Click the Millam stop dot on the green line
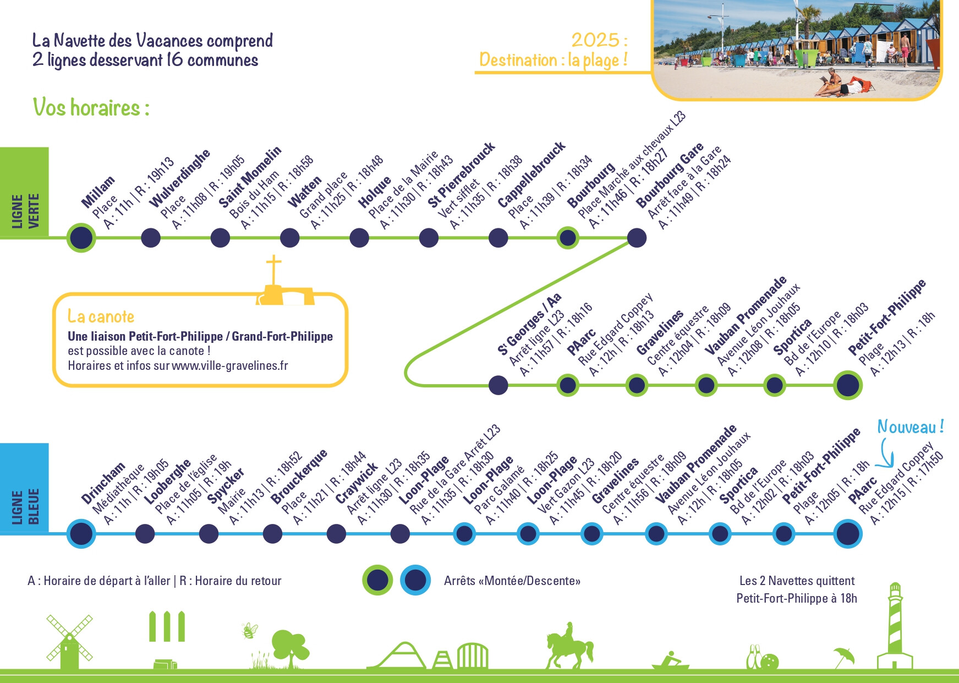point(81,238)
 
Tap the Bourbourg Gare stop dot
point(637,238)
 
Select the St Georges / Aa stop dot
point(498,385)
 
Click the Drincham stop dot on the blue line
point(81,533)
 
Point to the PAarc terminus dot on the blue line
point(847,533)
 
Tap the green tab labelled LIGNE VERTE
point(24,193)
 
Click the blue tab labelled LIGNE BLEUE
point(24,489)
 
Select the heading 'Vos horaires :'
point(91,107)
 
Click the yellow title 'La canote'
point(101,316)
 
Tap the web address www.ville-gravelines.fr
point(230,366)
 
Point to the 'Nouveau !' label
point(911,427)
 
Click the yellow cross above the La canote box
point(273,270)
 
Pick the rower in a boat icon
point(671,660)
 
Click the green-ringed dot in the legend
point(377,580)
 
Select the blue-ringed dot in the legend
point(415,580)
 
